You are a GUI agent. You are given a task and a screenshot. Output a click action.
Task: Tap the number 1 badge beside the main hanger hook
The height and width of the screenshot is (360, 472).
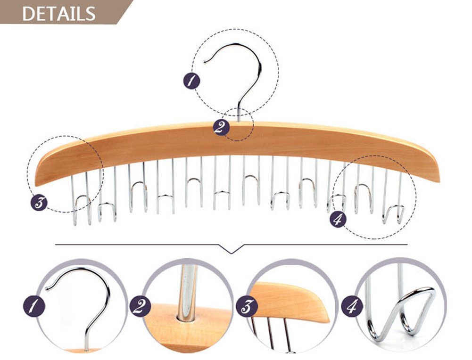191,81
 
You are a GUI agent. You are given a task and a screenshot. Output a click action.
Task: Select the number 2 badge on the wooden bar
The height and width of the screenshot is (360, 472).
220,127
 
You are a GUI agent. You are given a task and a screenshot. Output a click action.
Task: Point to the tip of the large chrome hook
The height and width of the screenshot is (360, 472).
204,62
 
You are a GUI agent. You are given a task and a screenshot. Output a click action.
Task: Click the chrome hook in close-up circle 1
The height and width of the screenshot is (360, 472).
85,292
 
